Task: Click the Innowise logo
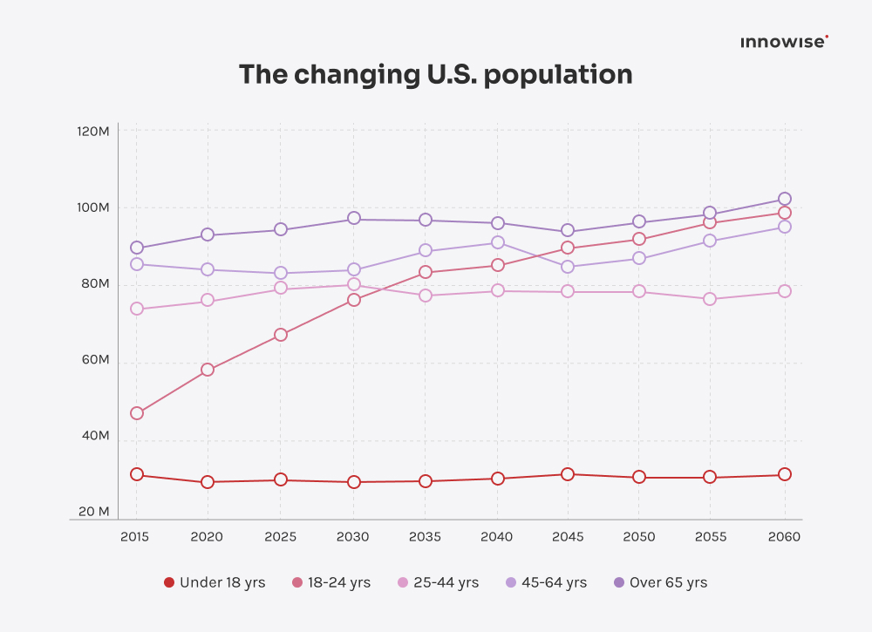(x=784, y=42)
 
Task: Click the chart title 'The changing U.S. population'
(x=435, y=75)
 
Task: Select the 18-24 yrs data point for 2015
(x=137, y=413)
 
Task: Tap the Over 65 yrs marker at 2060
(x=785, y=199)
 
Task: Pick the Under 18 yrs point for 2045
(x=568, y=474)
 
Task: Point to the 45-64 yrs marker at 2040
(x=497, y=242)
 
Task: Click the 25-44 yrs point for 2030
(x=354, y=284)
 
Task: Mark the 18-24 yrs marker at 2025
(x=281, y=335)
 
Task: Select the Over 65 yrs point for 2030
(x=354, y=219)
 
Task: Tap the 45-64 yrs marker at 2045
(x=568, y=267)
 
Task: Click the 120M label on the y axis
(x=92, y=132)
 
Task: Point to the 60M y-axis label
(x=93, y=360)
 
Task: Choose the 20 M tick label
(x=93, y=512)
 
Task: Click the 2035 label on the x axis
(x=425, y=537)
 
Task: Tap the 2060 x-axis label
(x=784, y=537)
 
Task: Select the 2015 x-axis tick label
(x=135, y=537)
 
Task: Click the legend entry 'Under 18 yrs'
(x=215, y=582)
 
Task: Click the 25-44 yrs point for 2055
(x=710, y=299)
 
